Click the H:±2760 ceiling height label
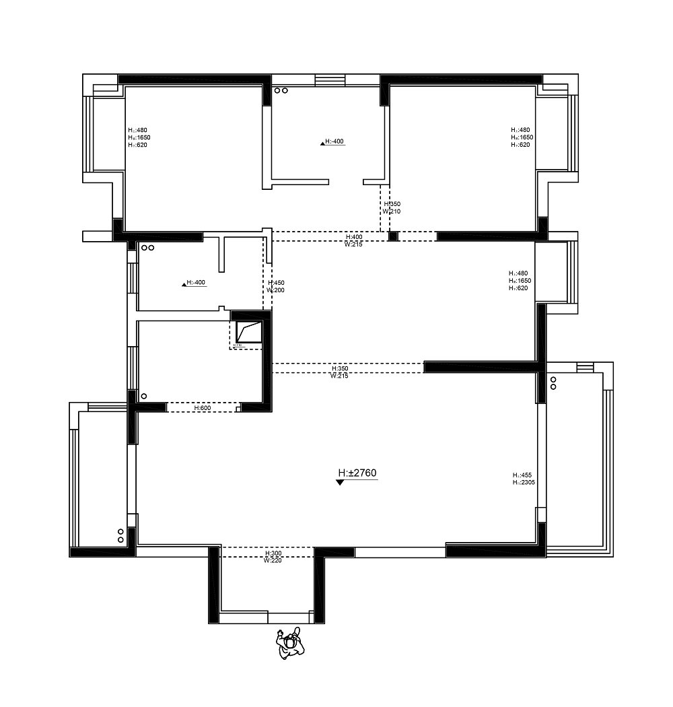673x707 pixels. pyautogui.click(x=357, y=473)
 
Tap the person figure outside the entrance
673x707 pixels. pyautogui.click(x=290, y=643)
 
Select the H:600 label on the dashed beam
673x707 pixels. pyautogui.click(x=203, y=408)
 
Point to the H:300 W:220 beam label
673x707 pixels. pyautogui.click(x=273, y=556)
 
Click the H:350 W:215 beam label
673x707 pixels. pyautogui.click(x=339, y=372)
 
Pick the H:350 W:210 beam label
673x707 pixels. pyautogui.click(x=392, y=207)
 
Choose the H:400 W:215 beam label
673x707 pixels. pyautogui.click(x=354, y=240)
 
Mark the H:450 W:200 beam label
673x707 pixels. pyautogui.click(x=275, y=286)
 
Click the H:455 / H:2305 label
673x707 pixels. pyautogui.click(x=523, y=478)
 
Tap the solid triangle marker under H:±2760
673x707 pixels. pyautogui.click(x=340, y=483)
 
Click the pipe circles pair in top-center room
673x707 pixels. pyautogui.click(x=281, y=90)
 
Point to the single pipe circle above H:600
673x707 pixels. pyautogui.click(x=143, y=396)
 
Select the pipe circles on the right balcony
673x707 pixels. pyautogui.click(x=553, y=383)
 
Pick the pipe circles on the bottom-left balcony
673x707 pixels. pyautogui.click(x=120, y=535)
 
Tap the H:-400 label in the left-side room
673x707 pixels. pyautogui.click(x=194, y=283)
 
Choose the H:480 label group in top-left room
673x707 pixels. pyautogui.click(x=137, y=137)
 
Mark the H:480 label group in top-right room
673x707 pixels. pyautogui.click(x=522, y=137)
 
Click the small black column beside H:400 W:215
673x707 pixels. pyautogui.click(x=394, y=236)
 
